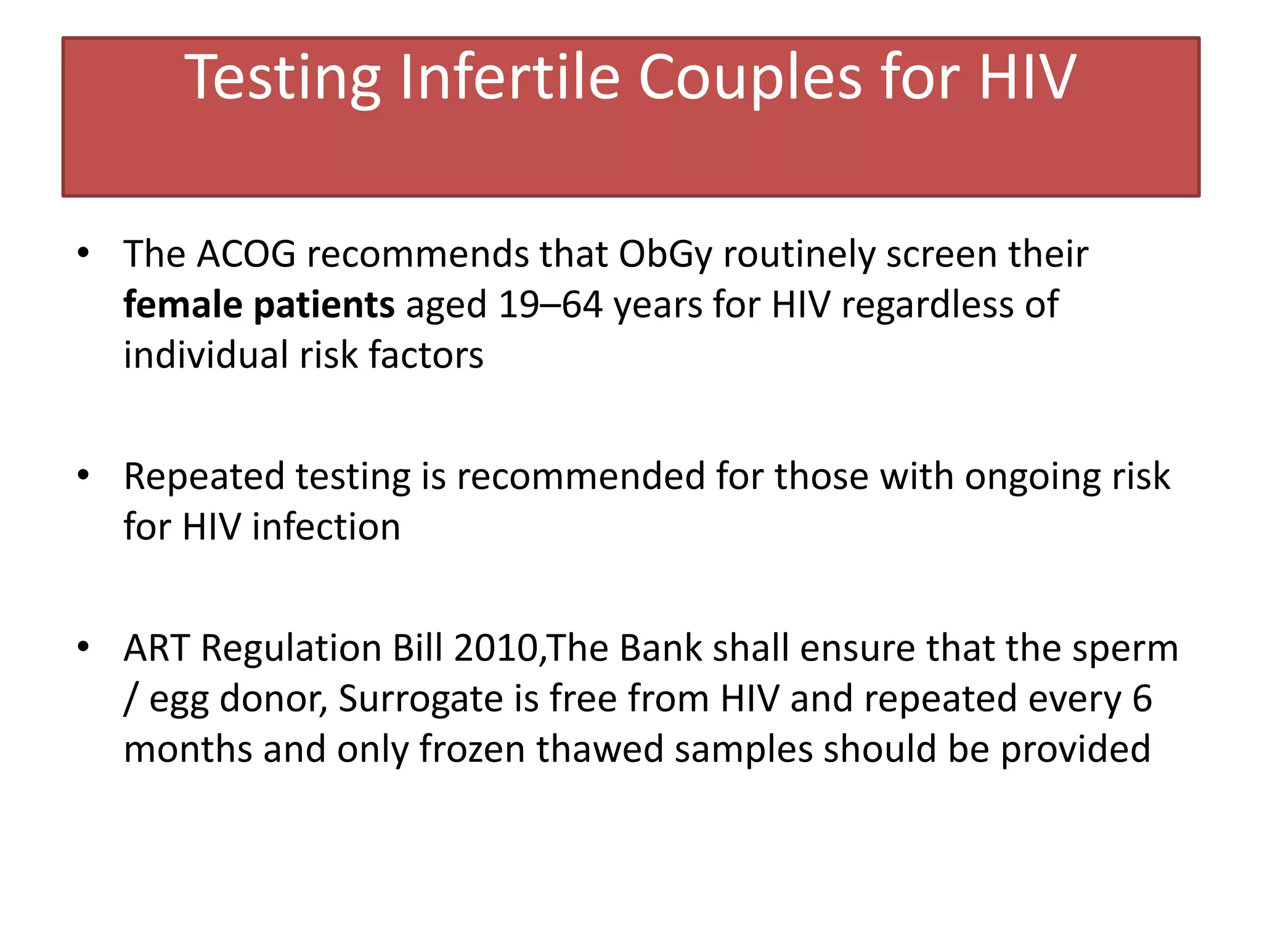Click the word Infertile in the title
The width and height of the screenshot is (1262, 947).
click(509, 78)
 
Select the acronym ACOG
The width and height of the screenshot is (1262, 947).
click(246, 254)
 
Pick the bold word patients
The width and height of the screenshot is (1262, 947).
click(324, 306)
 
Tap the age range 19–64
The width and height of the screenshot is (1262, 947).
click(550, 305)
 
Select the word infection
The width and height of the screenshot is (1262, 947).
click(326, 527)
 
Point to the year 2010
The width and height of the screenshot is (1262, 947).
click(496, 649)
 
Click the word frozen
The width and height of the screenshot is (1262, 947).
click(472, 749)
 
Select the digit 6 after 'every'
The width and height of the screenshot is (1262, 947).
click(1142, 699)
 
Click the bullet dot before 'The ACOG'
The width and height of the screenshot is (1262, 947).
click(84, 253)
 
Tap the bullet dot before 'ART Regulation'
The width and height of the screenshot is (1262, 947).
click(84, 647)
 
